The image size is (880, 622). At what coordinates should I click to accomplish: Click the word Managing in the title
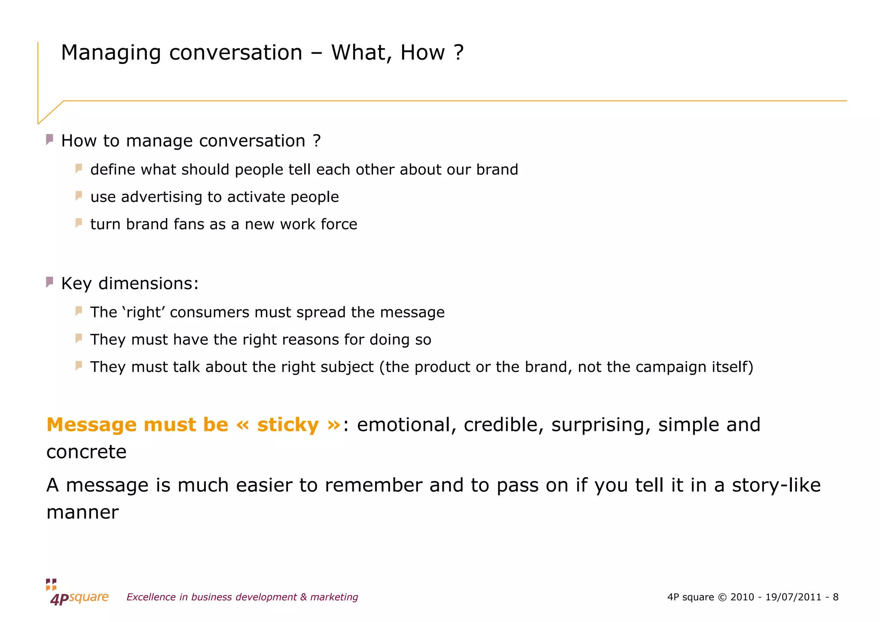click(x=111, y=53)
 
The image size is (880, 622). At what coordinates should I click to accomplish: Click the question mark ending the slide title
click(x=458, y=52)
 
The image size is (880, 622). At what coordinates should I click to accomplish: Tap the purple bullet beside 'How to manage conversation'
click(x=50, y=140)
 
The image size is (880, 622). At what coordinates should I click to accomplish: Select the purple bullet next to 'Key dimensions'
click(x=50, y=282)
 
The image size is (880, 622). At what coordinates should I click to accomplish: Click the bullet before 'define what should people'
click(x=79, y=168)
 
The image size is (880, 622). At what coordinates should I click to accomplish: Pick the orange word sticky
click(x=288, y=425)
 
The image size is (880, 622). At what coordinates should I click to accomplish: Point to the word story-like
click(x=776, y=485)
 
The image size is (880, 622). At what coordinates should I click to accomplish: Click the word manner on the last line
click(x=82, y=512)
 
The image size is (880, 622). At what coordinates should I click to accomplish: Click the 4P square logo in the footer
click(x=77, y=593)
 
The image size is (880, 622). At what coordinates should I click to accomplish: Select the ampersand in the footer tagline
click(x=303, y=597)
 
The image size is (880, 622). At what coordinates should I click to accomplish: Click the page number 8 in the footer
click(x=835, y=597)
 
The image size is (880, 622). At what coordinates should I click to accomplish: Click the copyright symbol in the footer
click(x=722, y=597)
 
